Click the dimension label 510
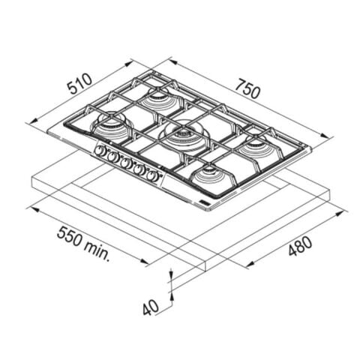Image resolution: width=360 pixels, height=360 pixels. pos(80,83)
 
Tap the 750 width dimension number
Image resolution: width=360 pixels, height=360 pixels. pos(248,88)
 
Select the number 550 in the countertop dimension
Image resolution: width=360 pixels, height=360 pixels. pos(69,236)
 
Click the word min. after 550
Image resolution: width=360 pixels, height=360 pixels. pos(97,250)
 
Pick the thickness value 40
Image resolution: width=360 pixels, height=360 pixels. pos(151,307)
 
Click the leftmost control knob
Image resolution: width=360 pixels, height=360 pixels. pos(100,151)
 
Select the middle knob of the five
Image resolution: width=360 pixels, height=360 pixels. pos(125,163)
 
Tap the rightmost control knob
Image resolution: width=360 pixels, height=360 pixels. pos(152,175)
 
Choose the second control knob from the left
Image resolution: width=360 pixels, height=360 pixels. pos(112,157)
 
